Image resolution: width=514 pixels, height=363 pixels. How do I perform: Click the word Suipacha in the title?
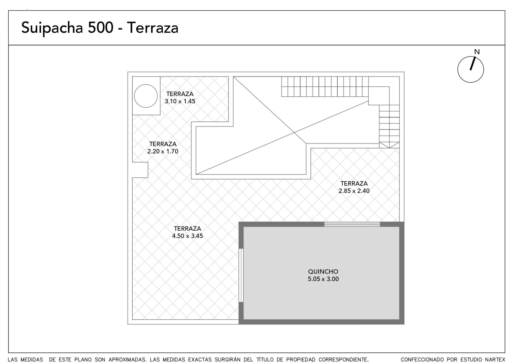coord(52,28)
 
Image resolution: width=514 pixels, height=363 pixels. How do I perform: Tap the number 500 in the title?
coord(101,28)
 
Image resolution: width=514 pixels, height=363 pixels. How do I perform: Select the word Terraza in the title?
coord(152,28)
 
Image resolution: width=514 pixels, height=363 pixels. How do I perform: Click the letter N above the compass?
coord(477,52)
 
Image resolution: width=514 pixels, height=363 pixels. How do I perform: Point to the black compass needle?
coord(473,63)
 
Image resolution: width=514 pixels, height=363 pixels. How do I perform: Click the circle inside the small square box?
coord(146,96)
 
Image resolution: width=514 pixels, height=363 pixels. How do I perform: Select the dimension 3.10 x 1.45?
coord(180,101)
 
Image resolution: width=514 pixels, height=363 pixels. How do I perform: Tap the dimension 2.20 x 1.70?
coord(163,151)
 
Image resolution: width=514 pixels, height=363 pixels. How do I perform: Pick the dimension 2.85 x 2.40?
coord(354,191)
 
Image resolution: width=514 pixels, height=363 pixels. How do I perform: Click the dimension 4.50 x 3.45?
coord(188,236)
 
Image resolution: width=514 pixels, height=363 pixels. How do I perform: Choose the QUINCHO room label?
coord(323,271)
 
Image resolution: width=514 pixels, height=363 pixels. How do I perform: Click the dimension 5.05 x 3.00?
coord(323,279)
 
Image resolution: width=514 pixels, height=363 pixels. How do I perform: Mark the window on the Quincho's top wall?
coord(352,224)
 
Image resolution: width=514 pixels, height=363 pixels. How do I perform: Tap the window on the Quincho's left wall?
coord(241,275)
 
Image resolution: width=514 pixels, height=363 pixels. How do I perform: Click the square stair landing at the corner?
coord(379,96)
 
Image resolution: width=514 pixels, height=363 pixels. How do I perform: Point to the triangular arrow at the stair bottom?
coord(389,145)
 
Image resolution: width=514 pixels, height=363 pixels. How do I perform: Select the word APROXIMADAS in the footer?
coord(127,359)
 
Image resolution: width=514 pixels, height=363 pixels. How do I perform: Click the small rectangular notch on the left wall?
coord(140,170)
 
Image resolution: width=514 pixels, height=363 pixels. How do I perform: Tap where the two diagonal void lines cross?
coord(294,132)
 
